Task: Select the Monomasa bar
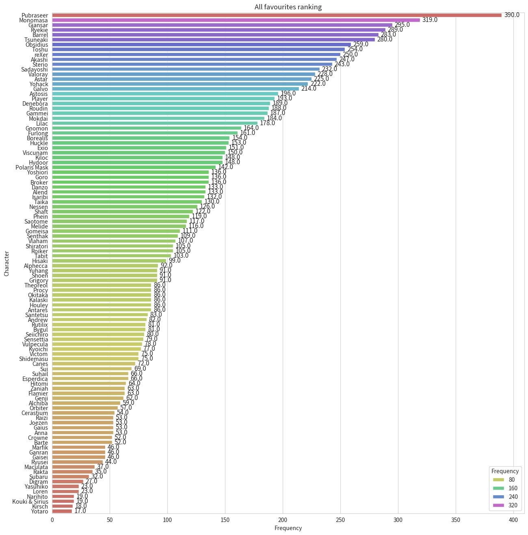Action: (236, 20)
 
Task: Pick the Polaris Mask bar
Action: (134, 167)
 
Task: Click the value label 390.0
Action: (512, 15)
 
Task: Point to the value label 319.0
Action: (430, 20)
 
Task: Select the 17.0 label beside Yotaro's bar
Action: (80, 511)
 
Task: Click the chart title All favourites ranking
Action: (288, 7)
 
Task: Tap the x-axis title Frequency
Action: (288, 528)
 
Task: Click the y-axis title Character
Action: (6, 263)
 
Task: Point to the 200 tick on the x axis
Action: (283, 520)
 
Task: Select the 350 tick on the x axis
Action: (456, 520)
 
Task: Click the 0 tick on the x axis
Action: (52, 520)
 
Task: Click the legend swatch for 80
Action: (498, 480)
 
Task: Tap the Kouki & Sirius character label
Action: (30, 502)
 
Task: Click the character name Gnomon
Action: (37, 128)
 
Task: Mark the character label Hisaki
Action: (40, 261)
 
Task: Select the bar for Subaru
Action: (70, 477)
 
